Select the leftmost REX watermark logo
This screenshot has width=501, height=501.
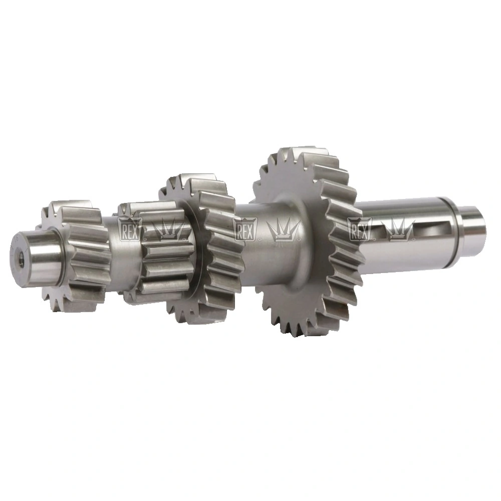[x=129, y=229]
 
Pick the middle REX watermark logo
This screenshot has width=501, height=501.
[x=245, y=229]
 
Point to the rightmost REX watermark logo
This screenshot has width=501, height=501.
[x=360, y=229]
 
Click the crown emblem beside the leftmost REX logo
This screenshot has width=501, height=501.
[x=167, y=229]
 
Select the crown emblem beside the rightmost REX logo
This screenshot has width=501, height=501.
[x=398, y=229]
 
